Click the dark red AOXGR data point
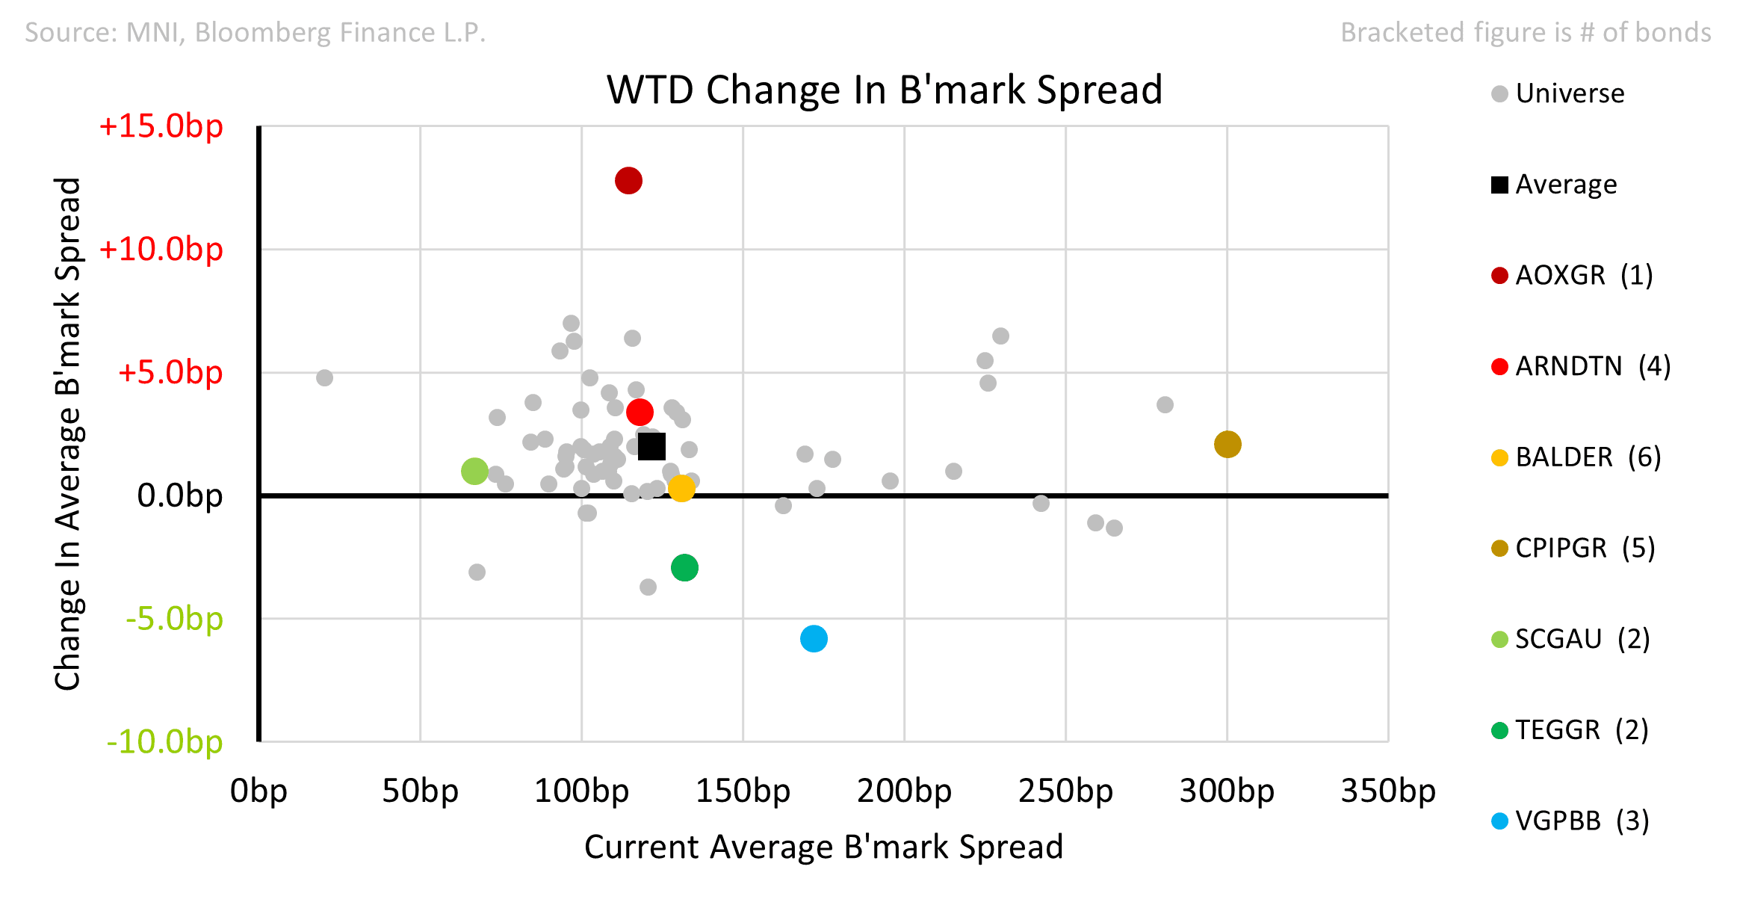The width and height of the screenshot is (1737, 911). pyautogui.click(x=628, y=181)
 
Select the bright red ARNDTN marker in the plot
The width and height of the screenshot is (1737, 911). pyautogui.click(x=640, y=412)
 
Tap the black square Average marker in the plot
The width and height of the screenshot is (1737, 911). pyautogui.click(x=651, y=447)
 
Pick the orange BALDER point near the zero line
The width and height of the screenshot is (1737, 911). pyautogui.click(x=681, y=489)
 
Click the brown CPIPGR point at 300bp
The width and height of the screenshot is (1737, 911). pyautogui.click(x=1227, y=445)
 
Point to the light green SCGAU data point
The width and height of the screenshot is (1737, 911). pyautogui.click(x=474, y=472)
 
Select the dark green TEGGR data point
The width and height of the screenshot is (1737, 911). pyautogui.click(x=684, y=568)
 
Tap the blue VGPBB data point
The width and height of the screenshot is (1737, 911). pyautogui.click(x=814, y=639)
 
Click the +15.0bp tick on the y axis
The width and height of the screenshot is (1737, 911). pyautogui.click(x=161, y=126)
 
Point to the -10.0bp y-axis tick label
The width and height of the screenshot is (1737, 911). pyautogui.click(x=164, y=742)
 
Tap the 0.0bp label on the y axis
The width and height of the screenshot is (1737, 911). pyautogui.click(x=179, y=495)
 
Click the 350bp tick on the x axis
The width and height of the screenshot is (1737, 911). pyautogui.click(x=1388, y=791)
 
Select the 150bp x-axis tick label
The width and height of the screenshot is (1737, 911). pyautogui.click(x=743, y=791)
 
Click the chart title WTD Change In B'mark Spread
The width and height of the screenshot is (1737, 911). pyautogui.click(x=885, y=90)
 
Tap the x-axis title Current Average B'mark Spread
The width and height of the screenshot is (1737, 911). pyautogui.click(x=823, y=847)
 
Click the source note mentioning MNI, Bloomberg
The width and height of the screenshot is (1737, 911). pyautogui.click(x=256, y=33)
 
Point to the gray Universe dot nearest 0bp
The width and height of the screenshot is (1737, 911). pyautogui.click(x=324, y=378)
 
